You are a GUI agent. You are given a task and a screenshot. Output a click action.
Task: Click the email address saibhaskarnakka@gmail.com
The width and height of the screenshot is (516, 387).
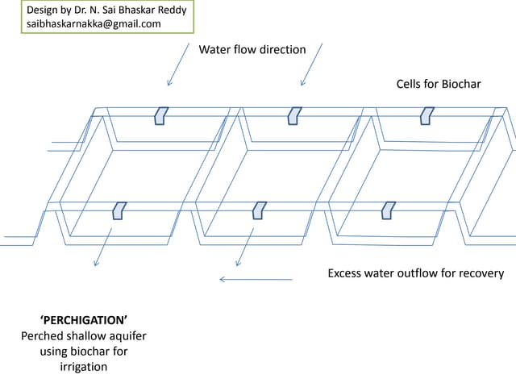94,24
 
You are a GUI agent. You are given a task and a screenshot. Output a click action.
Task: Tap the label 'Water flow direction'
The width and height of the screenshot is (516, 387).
252,49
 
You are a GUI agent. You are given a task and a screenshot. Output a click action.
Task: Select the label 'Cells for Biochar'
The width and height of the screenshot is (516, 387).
439,84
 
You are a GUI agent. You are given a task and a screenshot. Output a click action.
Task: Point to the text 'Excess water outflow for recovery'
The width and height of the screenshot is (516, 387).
415,273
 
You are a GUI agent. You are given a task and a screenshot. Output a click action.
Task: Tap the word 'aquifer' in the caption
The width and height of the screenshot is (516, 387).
126,335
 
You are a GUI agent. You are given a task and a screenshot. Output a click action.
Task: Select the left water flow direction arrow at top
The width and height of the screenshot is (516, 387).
179,63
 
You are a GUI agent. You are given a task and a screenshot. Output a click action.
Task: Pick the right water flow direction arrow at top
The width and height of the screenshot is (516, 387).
312,63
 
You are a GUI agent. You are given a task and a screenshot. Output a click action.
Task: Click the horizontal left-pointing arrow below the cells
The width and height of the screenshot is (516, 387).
256,280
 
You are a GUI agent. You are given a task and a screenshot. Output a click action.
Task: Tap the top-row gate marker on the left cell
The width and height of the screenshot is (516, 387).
161,115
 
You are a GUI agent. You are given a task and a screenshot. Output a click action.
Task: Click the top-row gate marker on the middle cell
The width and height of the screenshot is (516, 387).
294,115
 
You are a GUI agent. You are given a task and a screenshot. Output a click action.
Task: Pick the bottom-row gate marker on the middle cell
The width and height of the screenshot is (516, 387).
259,210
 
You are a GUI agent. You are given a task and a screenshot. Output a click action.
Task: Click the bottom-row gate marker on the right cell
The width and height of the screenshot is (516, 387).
389,210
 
